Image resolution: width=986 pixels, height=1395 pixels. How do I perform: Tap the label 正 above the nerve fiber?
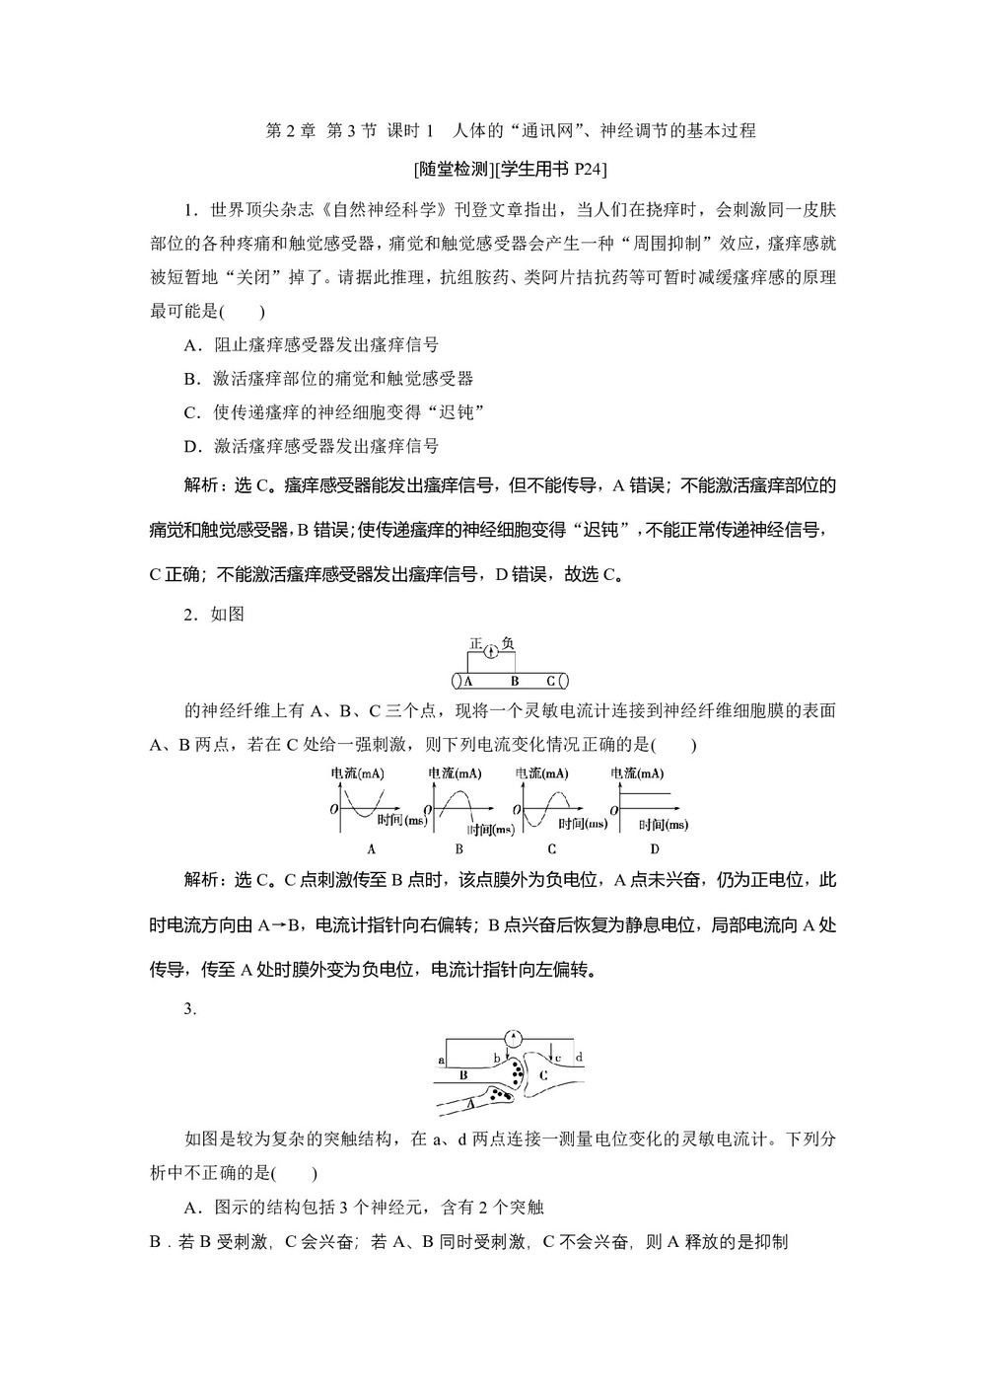tap(476, 643)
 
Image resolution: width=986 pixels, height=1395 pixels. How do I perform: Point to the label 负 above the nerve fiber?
tap(508, 643)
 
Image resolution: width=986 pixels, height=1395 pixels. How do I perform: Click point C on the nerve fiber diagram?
tap(551, 681)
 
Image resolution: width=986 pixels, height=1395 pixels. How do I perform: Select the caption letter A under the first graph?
tap(371, 848)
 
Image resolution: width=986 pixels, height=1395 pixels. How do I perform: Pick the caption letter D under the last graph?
tap(655, 848)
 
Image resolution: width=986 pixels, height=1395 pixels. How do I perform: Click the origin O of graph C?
tap(519, 809)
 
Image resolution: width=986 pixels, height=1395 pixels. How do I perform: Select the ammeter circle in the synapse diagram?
tap(512, 1037)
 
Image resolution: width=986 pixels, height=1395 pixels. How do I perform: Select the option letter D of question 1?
tap(191, 446)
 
